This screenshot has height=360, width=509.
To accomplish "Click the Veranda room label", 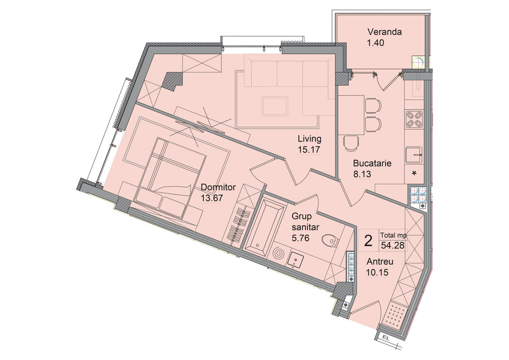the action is pyautogui.click(x=385, y=32).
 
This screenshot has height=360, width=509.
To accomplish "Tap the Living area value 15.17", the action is pyautogui.click(x=309, y=150).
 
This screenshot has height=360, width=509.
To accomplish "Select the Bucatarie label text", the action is pyautogui.click(x=372, y=163).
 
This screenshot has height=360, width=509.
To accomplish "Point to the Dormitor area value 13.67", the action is pyautogui.click(x=212, y=198).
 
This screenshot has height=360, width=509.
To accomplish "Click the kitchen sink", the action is pyautogui.click(x=414, y=155).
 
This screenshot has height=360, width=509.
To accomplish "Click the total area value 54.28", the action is pyautogui.click(x=392, y=245).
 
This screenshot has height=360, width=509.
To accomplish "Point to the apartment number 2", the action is pyautogui.click(x=368, y=241).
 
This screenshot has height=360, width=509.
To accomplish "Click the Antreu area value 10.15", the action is pyautogui.click(x=377, y=272).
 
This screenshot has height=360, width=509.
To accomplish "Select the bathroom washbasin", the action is pyautogui.click(x=295, y=261).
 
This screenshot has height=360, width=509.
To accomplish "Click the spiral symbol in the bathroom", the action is pyautogui.click(x=278, y=254).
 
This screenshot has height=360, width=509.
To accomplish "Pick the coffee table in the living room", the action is pyautogui.click(x=275, y=106).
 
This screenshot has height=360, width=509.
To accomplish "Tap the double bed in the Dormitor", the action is pyautogui.click(x=170, y=179).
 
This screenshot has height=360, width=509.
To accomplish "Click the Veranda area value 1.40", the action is pyautogui.click(x=376, y=43).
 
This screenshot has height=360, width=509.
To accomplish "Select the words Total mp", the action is pyautogui.click(x=394, y=235).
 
